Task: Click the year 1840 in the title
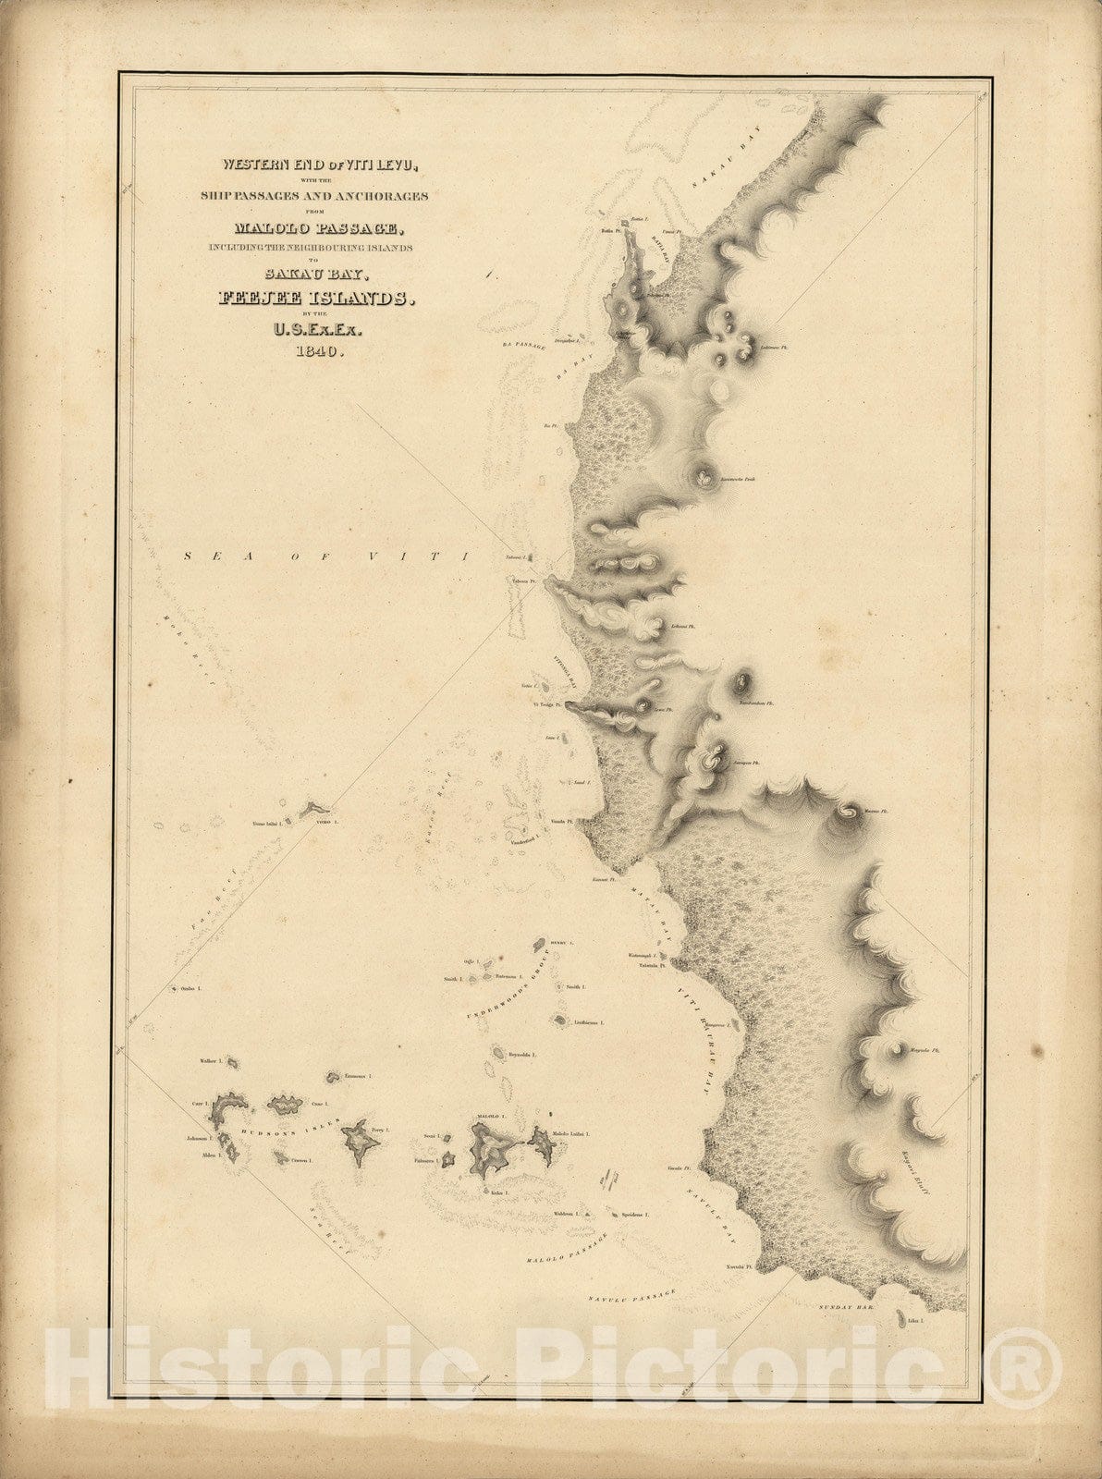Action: [318, 350]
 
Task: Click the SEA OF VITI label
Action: [327, 556]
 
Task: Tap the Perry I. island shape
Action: [358, 1145]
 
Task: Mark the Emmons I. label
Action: [358, 1076]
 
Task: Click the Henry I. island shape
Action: [538, 945]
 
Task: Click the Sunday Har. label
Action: [847, 1307]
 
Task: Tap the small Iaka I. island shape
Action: [898, 1317]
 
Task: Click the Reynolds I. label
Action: [523, 1054]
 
